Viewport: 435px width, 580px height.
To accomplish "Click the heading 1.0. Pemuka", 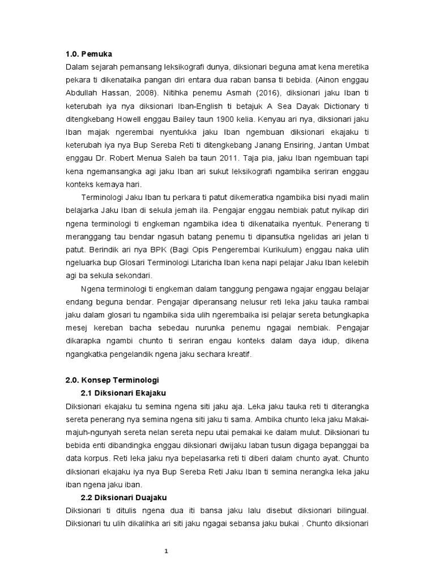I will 89,54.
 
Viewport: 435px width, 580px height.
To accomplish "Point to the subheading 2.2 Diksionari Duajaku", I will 125,497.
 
